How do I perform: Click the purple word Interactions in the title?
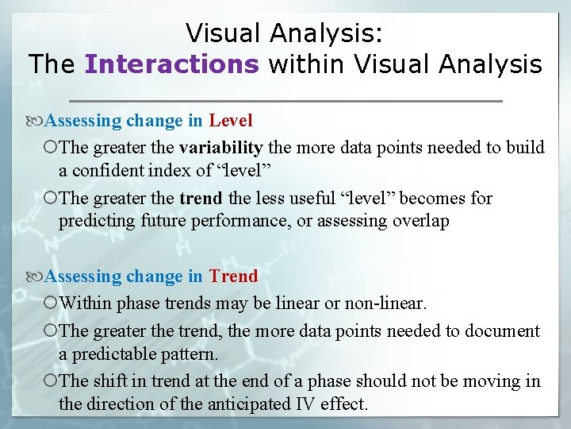tap(171, 64)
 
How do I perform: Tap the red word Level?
tap(231, 121)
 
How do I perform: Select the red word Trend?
tap(233, 276)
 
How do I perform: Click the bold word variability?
tap(220, 147)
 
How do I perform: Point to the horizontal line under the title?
tap(285, 101)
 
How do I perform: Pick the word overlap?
tap(420, 221)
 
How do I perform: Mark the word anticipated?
tap(243, 404)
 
